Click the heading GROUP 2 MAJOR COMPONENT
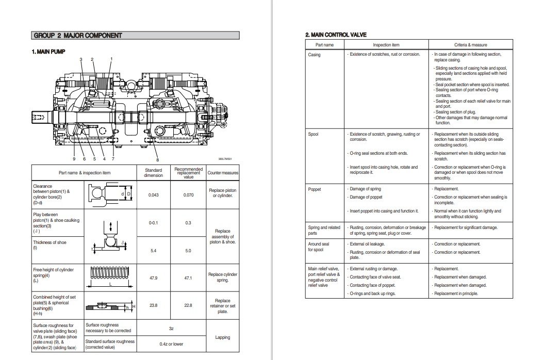[x=78, y=36]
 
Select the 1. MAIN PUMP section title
[x=48, y=52]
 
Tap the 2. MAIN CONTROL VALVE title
[x=336, y=35]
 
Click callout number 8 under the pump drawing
[x=157, y=160]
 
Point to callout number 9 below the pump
[x=74, y=158]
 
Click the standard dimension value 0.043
[x=153, y=194]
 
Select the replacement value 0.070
[x=188, y=194]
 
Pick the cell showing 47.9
[x=153, y=278]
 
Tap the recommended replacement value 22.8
[x=188, y=306]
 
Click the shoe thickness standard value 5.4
[x=153, y=251]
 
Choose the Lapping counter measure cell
[x=223, y=337]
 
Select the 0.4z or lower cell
[x=171, y=343]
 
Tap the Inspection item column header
[x=386, y=45]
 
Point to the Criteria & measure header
[x=470, y=45]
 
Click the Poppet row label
[x=315, y=189]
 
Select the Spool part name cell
[x=314, y=134]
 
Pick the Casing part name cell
[x=315, y=55]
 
